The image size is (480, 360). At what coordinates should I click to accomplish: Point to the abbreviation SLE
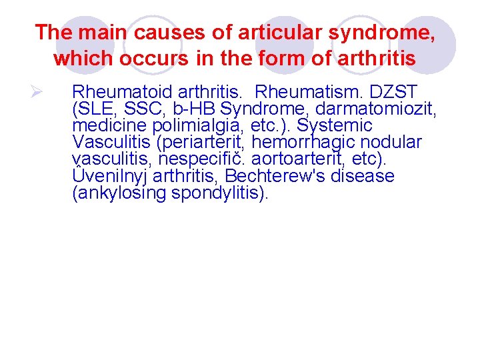click(94, 109)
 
